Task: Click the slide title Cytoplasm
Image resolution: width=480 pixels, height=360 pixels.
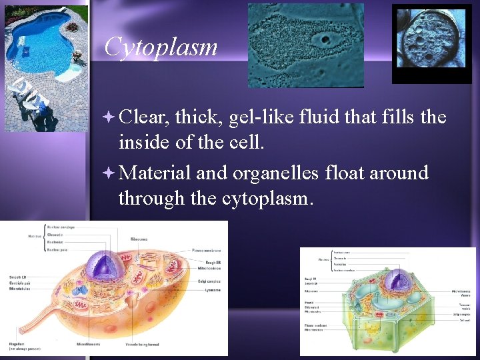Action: click(x=161, y=47)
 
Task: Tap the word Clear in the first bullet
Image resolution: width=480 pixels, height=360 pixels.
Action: click(x=146, y=117)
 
